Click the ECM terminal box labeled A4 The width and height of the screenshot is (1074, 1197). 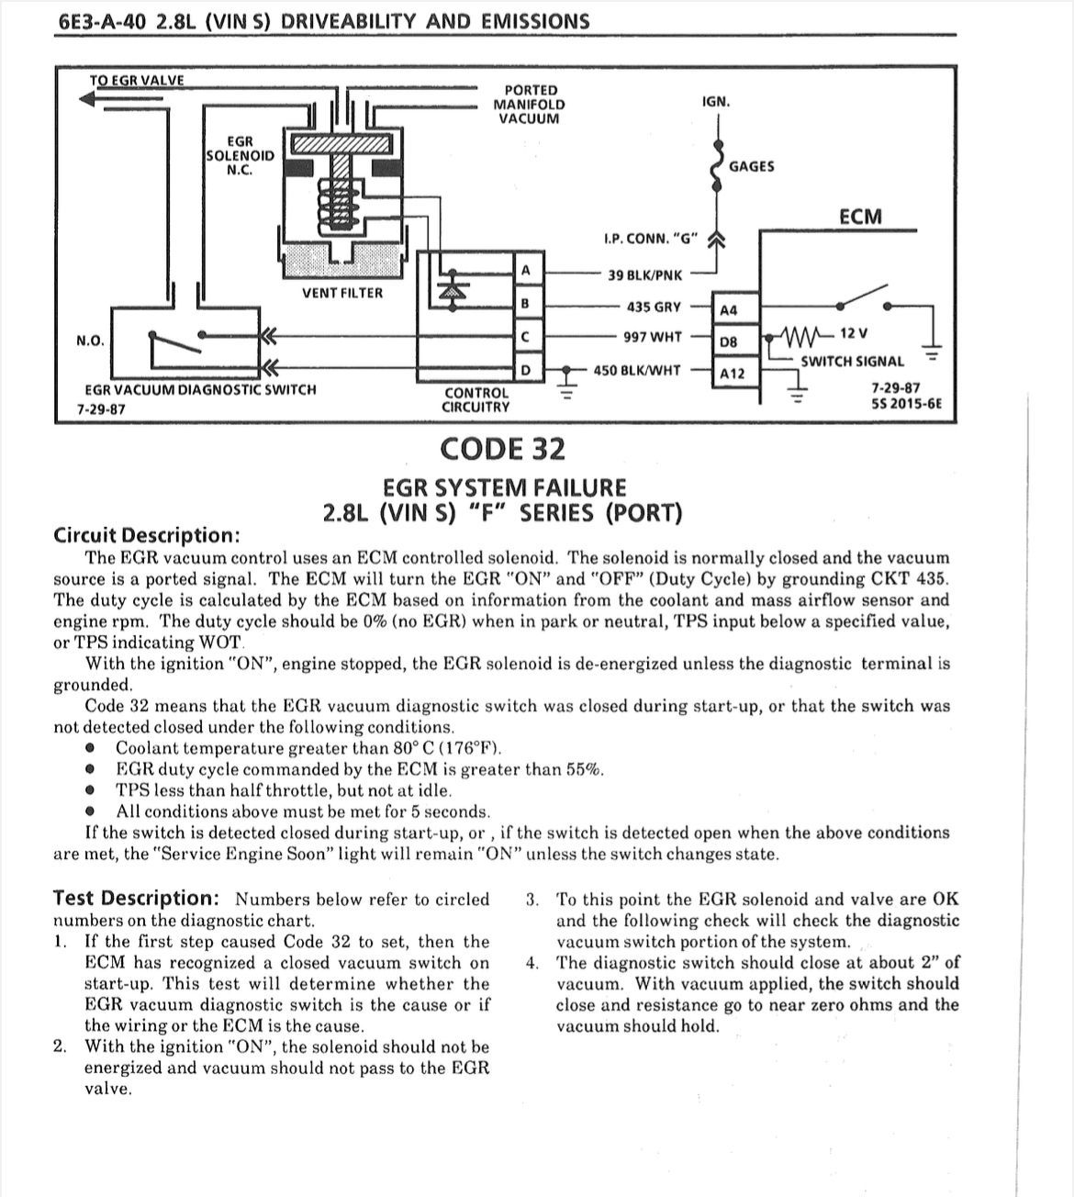728,310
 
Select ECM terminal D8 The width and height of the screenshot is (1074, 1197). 728,341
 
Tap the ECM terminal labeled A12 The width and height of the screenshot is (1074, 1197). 732,374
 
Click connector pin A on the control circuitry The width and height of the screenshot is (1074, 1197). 525,271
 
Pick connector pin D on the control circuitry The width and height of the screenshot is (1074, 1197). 525,369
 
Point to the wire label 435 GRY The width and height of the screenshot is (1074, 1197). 654,307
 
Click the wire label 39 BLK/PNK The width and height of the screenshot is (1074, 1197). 645,274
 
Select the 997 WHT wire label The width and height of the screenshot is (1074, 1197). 653,337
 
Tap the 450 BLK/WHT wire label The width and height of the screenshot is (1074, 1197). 637,370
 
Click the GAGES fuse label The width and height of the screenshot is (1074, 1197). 751,166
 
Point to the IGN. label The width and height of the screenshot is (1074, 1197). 716,101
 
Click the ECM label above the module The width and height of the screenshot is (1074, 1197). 860,217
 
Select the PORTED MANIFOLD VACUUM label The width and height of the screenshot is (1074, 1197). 530,104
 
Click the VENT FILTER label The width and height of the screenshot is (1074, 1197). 342,293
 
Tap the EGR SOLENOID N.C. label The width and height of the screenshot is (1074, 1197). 240,155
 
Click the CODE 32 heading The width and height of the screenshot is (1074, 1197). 503,449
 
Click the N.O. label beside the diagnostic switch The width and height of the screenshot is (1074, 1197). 90,341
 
